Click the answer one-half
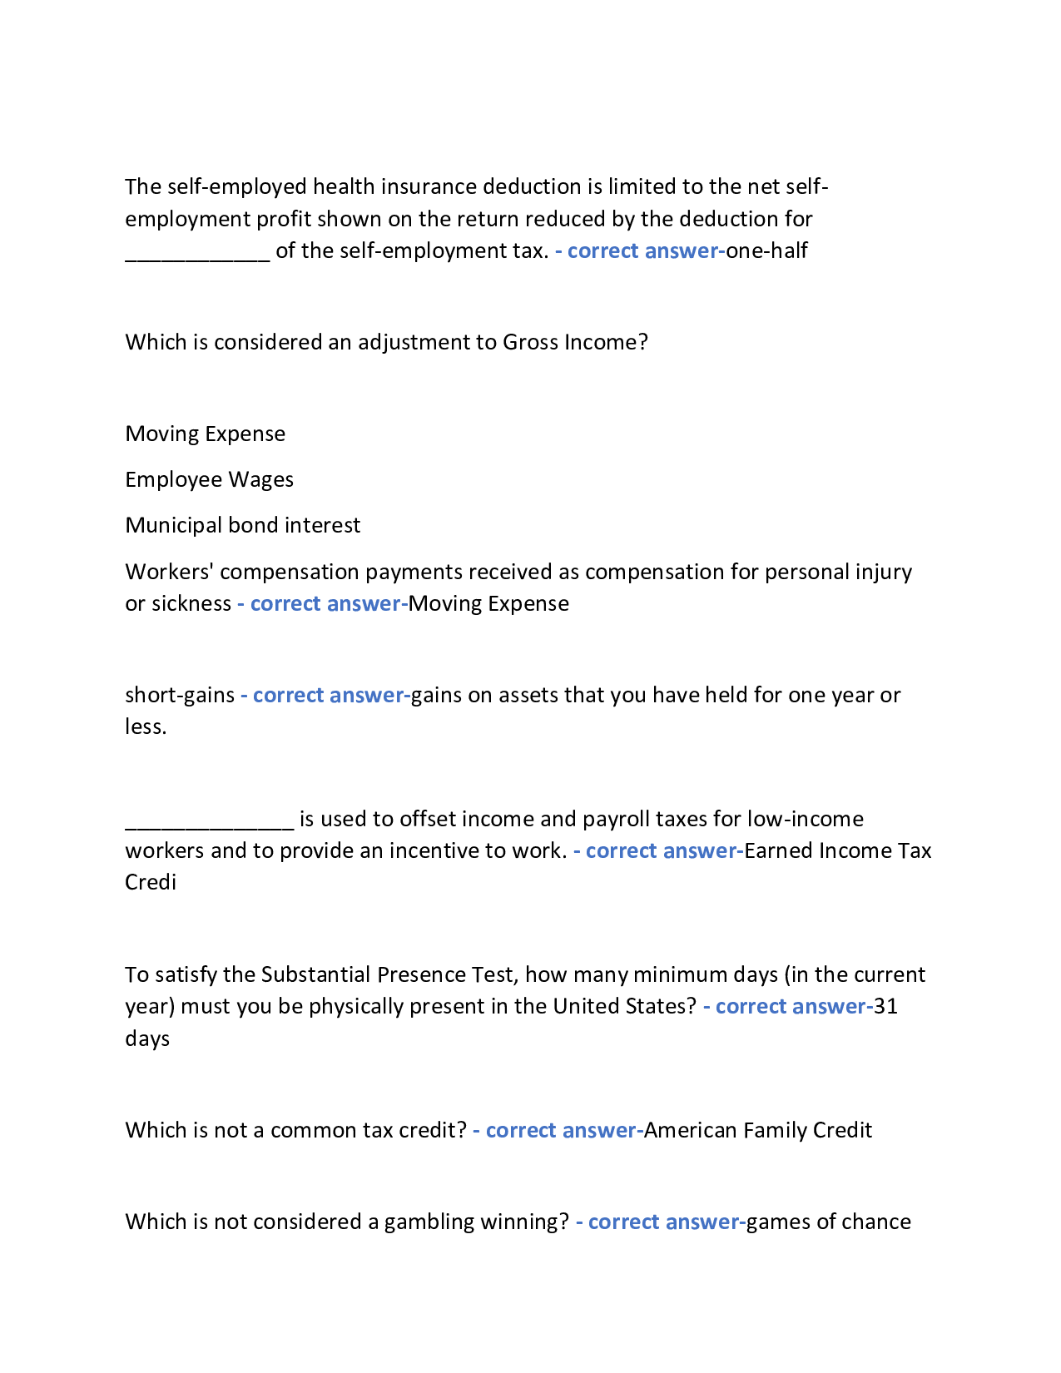(x=766, y=250)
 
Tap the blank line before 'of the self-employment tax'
(x=197, y=253)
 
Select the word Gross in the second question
(x=531, y=342)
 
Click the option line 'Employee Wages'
(x=209, y=479)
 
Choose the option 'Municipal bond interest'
(x=242, y=525)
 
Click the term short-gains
(x=180, y=695)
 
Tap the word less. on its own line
(x=146, y=726)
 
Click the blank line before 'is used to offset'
(x=210, y=821)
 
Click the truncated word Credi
(x=151, y=882)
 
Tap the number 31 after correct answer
(x=885, y=1006)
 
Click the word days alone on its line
(x=147, y=1038)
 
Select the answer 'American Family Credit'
(x=758, y=1130)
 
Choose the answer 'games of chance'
(x=828, y=1222)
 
